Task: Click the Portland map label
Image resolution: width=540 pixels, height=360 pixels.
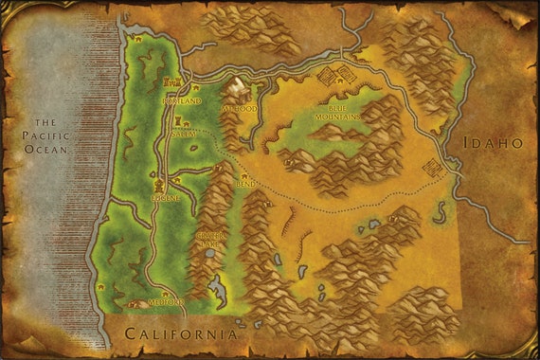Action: pyautogui.click(x=182, y=100)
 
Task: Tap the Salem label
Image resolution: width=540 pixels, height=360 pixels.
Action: pyautogui.click(x=183, y=135)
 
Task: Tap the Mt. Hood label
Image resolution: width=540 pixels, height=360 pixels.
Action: pyautogui.click(x=239, y=109)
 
